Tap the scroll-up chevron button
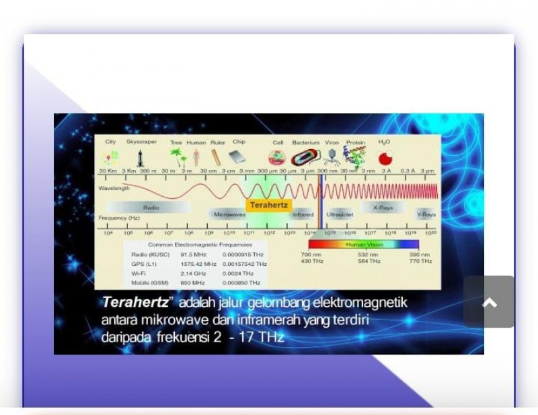pos(490,303)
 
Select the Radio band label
pos(151,207)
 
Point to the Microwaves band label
pos(229,215)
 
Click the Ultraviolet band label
pos(339,215)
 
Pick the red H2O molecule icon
pos(385,158)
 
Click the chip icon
pos(237,158)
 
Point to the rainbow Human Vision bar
pos(364,245)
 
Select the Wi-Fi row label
pos(139,273)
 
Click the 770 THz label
pos(420,261)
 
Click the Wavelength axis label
pos(114,188)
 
